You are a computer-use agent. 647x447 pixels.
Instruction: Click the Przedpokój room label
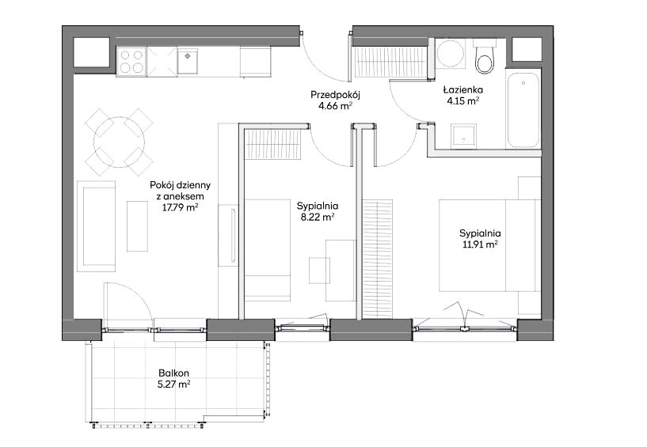click(336, 95)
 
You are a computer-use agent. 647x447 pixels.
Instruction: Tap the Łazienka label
click(463, 89)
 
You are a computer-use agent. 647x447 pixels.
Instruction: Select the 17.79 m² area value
click(181, 207)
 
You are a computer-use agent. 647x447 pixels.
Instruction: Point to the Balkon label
click(173, 373)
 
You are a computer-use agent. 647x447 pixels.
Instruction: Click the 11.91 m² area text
click(480, 244)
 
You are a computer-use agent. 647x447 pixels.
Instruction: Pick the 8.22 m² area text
click(317, 217)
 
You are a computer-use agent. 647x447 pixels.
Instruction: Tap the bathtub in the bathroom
click(523, 110)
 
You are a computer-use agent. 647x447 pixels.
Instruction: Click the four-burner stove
click(131, 62)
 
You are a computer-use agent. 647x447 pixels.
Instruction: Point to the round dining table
click(120, 142)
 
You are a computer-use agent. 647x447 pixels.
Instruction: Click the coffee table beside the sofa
click(137, 225)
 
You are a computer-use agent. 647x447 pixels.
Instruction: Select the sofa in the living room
click(96, 226)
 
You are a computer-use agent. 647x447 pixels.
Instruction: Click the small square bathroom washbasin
click(464, 134)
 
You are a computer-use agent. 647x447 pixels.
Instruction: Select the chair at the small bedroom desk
click(320, 270)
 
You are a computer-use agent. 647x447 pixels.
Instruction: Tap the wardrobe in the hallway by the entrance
click(390, 62)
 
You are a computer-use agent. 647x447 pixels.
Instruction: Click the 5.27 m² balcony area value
click(174, 384)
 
